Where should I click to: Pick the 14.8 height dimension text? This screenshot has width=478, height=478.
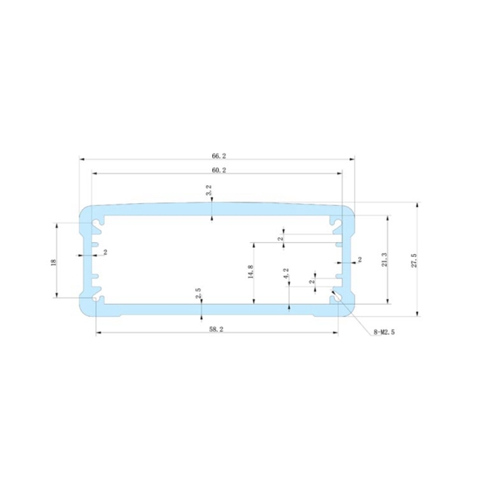[x=249, y=273]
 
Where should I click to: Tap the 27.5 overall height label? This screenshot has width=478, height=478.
[x=413, y=260]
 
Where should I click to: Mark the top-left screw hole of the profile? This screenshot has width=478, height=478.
[x=96, y=222]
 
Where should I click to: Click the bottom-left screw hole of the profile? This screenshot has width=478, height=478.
[x=96, y=299]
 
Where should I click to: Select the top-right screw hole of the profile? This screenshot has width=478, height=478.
[x=338, y=222]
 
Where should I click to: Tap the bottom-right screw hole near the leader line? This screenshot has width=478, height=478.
[x=338, y=299]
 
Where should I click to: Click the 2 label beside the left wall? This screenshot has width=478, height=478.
[x=105, y=252]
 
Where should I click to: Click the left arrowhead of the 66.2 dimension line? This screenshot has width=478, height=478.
[x=82, y=158]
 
